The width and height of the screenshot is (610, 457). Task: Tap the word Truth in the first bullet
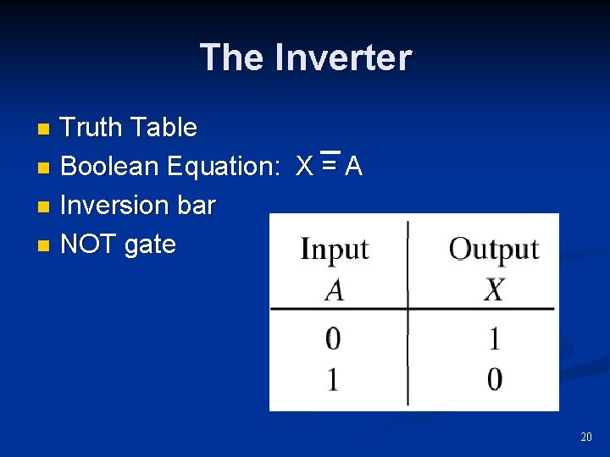click(x=92, y=128)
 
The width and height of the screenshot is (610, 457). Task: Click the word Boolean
click(x=110, y=167)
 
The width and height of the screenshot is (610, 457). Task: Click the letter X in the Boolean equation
click(x=305, y=167)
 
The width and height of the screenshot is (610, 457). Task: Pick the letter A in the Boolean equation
click(x=353, y=167)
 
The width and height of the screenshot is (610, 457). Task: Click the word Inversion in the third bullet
click(x=114, y=206)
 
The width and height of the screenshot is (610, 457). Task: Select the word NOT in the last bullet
click(x=89, y=245)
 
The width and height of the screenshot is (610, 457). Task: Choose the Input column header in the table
click(x=335, y=250)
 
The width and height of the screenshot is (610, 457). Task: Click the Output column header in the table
click(x=494, y=249)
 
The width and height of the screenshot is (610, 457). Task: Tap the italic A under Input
click(x=335, y=290)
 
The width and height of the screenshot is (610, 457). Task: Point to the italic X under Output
click(x=494, y=290)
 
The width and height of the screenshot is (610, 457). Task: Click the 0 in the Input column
click(x=334, y=339)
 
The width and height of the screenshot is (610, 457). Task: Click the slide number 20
click(x=586, y=437)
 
